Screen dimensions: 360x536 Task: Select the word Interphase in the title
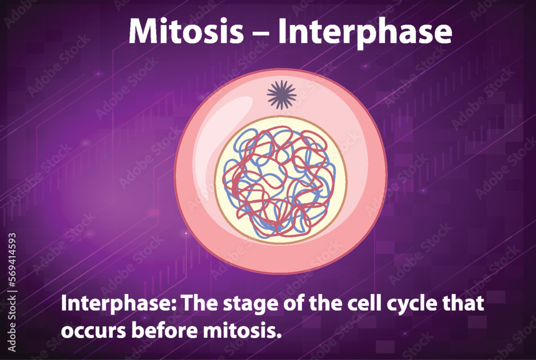click(x=364, y=33)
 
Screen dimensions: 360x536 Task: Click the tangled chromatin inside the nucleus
click(x=279, y=182)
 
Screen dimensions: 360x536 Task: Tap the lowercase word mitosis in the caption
click(x=241, y=329)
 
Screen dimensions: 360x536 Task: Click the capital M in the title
click(x=142, y=32)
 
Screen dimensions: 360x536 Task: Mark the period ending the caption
click(x=279, y=335)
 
